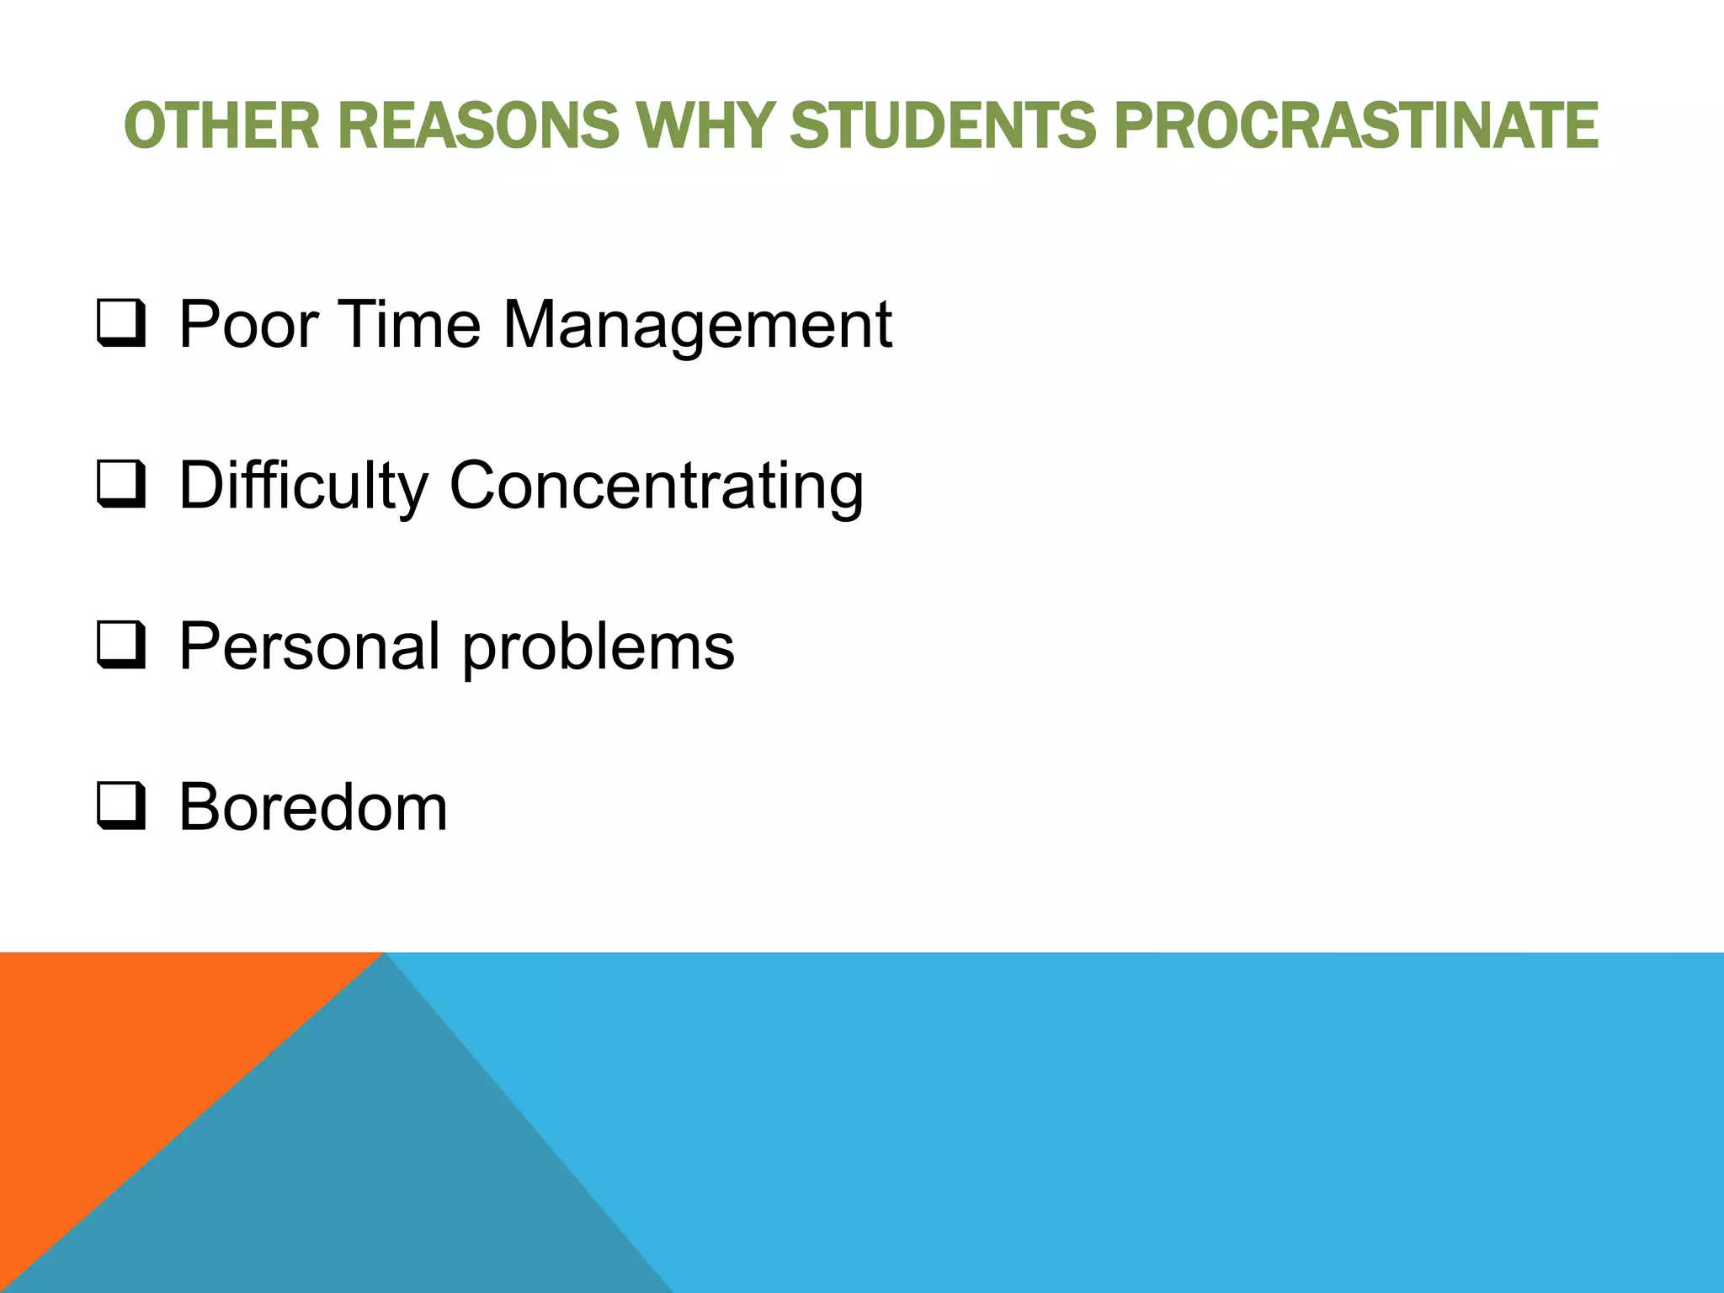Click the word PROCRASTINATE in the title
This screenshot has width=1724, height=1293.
(1355, 125)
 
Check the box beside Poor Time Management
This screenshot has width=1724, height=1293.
(121, 325)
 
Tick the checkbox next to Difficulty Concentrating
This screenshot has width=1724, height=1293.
(121, 487)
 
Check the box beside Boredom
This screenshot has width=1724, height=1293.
(121, 809)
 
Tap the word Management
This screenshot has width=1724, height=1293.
(697, 327)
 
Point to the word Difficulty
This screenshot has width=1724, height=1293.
(303, 487)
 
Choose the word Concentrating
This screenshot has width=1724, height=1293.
(657, 487)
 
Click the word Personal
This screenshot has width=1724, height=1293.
(310, 646)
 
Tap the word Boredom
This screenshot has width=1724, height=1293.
(313, 808)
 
